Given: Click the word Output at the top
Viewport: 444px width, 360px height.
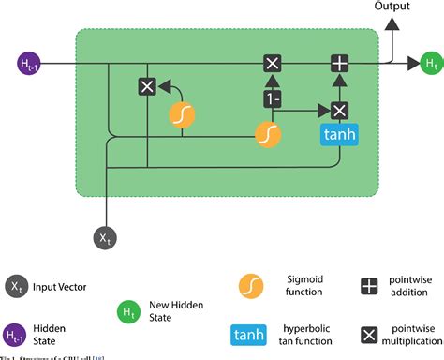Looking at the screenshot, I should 392,7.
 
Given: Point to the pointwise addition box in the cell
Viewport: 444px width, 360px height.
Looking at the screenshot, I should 338,64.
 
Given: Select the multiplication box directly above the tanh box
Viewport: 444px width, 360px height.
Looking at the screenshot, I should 338,110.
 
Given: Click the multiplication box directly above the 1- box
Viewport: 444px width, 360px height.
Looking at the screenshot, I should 272,64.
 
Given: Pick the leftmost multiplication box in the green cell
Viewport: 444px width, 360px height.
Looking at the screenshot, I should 146,86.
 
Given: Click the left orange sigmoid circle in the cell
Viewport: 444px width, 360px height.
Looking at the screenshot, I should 182,114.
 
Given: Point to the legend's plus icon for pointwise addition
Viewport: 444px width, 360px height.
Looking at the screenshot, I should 372,284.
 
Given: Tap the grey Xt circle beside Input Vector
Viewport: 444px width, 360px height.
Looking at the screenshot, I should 16,285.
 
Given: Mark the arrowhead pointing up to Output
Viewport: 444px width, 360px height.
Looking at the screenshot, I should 392,24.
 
